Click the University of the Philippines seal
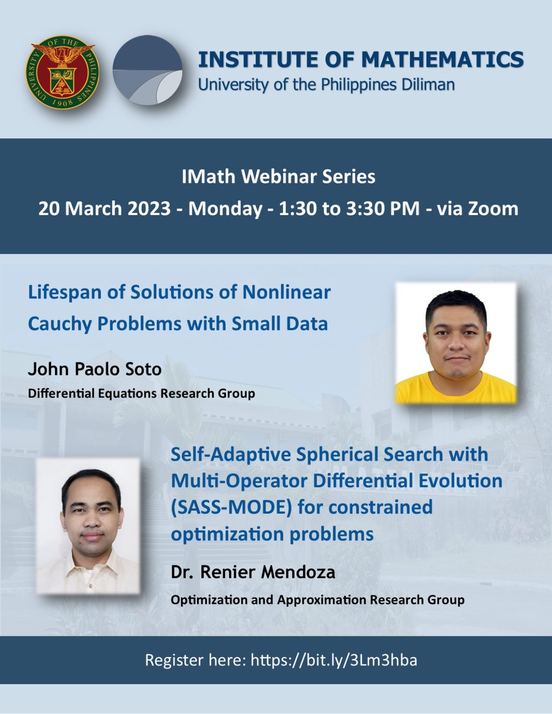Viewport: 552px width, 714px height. click(62, 72)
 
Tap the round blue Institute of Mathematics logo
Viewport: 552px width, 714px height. click(147, 71)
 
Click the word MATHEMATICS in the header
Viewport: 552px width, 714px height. click(442, 60)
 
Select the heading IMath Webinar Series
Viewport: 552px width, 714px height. click(278, 177)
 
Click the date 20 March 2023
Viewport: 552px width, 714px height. click(105, 208)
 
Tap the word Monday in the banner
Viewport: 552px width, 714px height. click(225, 208)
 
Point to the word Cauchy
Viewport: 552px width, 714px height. click(60, 324)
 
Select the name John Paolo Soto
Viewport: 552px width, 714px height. click(95, 369)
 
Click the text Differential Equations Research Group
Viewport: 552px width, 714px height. click(141, 393)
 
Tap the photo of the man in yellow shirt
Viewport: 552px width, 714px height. click(456, 343)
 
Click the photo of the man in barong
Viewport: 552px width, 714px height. click(88, 525)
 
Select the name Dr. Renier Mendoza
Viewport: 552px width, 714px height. click(253, 572)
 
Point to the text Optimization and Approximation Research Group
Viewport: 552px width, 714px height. click(317, 600)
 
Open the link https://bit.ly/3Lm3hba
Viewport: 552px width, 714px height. click(334, 660)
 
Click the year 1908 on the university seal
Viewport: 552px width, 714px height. click(62, 103)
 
